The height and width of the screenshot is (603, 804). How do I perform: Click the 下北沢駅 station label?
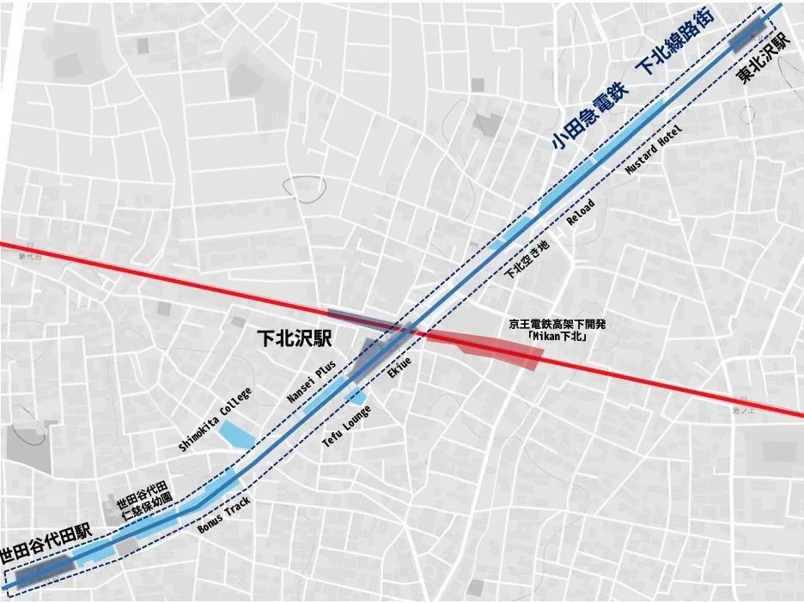(x=295, y=338)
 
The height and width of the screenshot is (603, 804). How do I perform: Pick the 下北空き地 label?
(x=526, y=259)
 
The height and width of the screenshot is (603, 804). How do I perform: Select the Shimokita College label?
(x=215, y=419)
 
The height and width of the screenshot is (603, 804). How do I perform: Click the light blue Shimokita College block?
(x=235, y=433)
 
